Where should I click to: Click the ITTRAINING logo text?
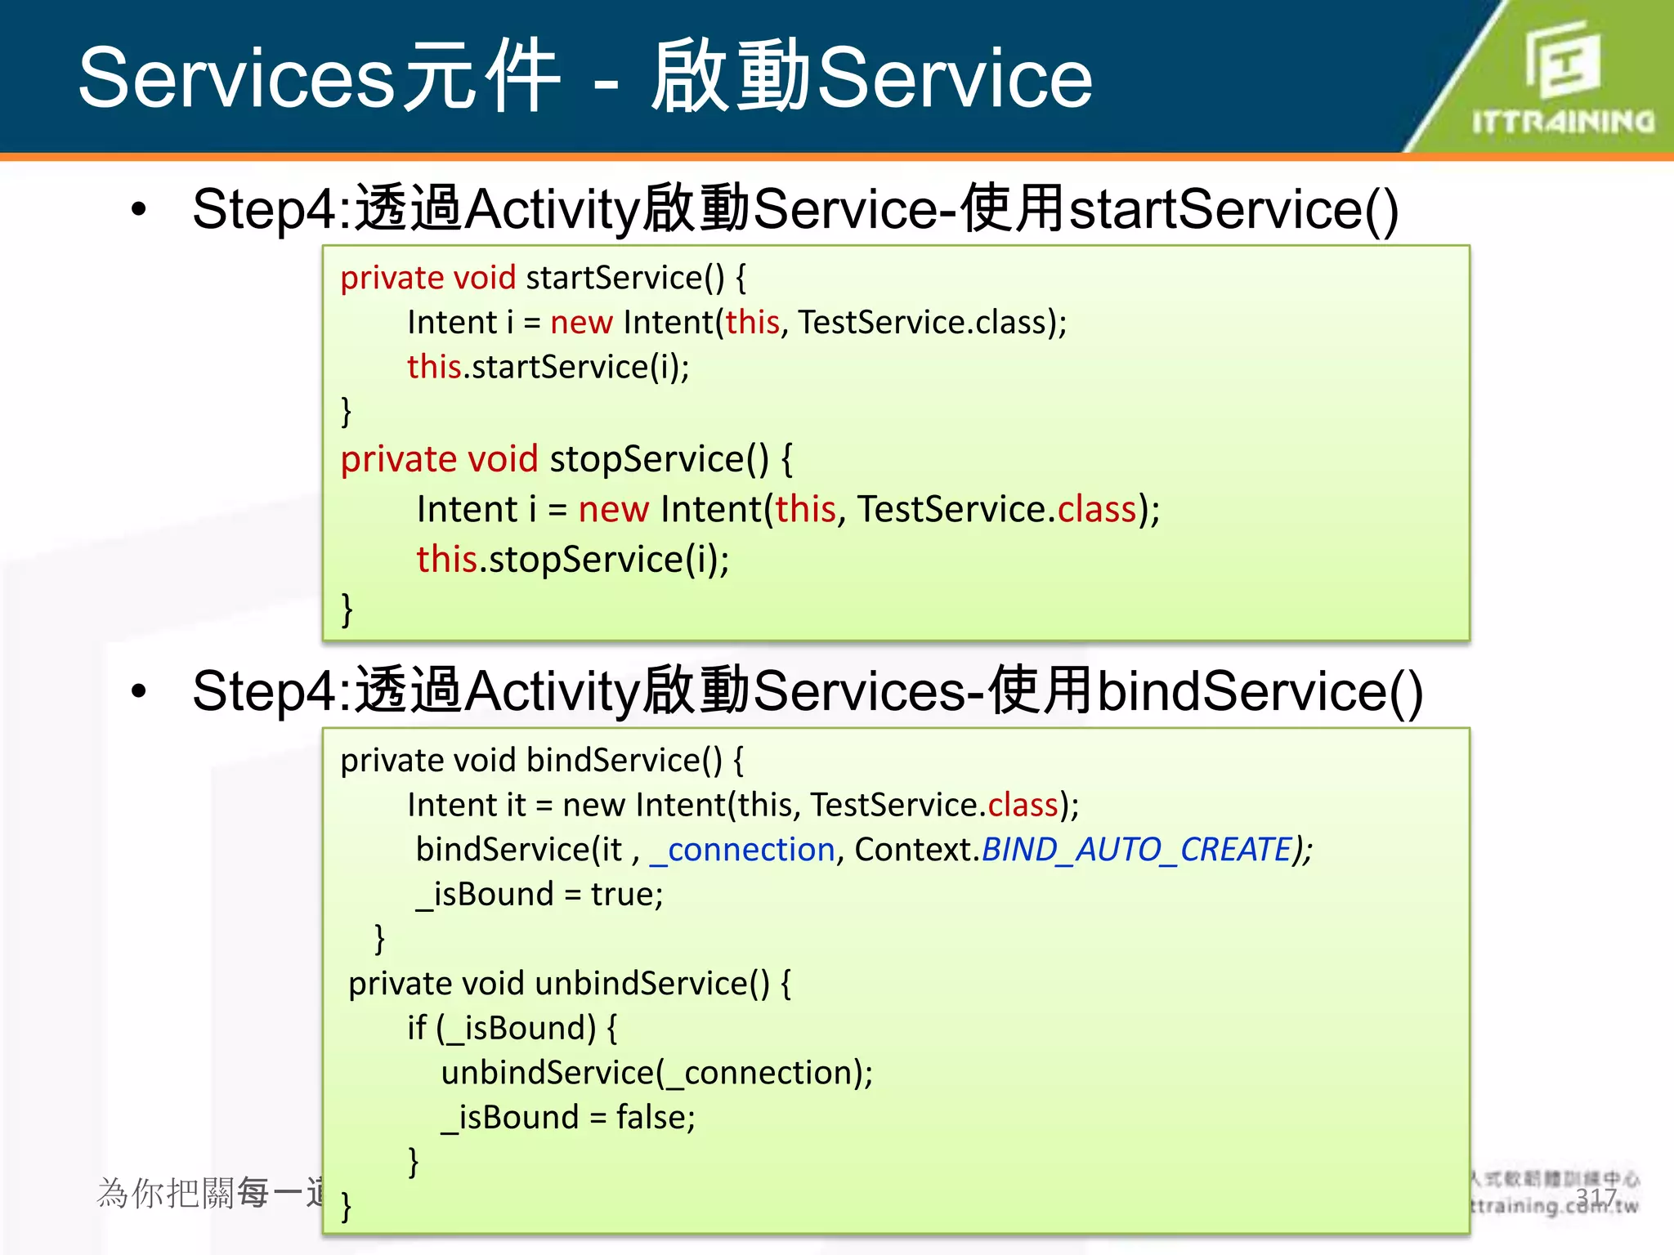(x=1563, y=122)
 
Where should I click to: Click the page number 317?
(x=1596, y=1198)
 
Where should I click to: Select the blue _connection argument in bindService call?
(x=742, y=851)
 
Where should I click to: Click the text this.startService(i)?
(x=548, y=367)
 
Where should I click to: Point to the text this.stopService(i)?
(x=572, y=560)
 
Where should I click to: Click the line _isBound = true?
(x=539, y=895)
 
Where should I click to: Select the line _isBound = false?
(x=568, y=1118)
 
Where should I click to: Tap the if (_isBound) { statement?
(x=512, y=1028)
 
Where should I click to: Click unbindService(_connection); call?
(x=656, y=1073)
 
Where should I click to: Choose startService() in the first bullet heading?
(x=1233, y=209)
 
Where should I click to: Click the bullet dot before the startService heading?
(x=139, y=209)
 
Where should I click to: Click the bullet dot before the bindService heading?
(x=139, y=691)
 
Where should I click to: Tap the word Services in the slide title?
(x=237, y=78)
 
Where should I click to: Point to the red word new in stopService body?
(x=613, y=510)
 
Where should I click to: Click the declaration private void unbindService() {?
(x=569, y=984)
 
